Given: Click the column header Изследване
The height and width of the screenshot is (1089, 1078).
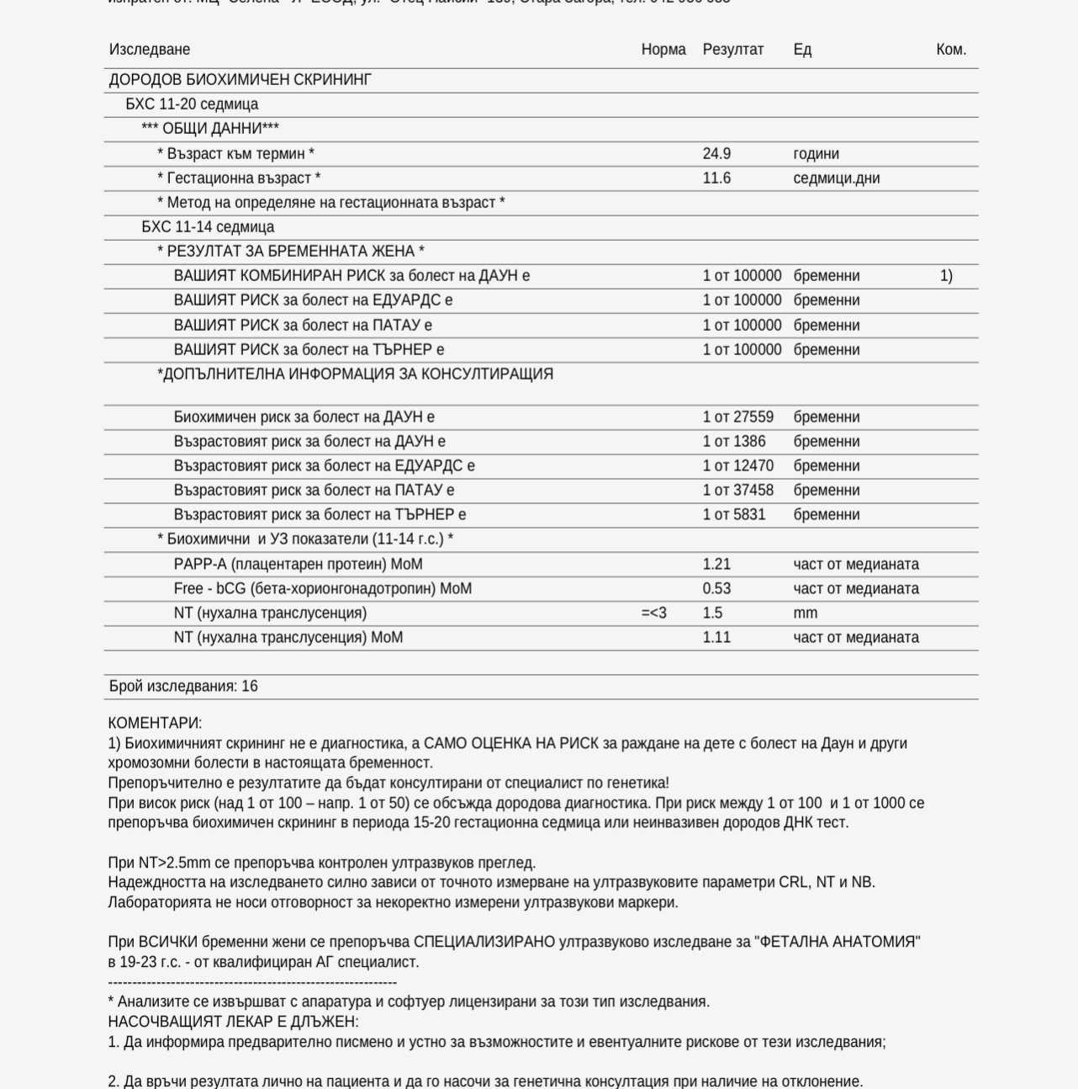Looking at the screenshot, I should tap(150, 50).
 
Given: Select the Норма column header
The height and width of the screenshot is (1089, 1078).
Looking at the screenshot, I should tap(663, 50).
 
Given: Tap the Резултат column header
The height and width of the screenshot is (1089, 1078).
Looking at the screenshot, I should tap(733, 50).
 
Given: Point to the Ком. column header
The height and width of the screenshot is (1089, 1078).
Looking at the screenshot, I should tap(951, 50).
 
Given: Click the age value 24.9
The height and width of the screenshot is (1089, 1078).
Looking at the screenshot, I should tap(716, 154).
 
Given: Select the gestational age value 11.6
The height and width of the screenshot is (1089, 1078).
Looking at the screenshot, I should tap(716, 178).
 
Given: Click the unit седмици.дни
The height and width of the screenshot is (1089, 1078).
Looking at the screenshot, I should tap(836, 178).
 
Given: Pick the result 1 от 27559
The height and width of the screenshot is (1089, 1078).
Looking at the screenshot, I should tap(738, 417).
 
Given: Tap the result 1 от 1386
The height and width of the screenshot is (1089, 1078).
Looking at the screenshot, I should tap(734, 442).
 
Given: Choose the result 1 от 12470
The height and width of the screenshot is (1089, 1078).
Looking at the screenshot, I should tap(738, 466).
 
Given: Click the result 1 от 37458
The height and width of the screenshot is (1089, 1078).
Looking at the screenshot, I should tap(738, 491).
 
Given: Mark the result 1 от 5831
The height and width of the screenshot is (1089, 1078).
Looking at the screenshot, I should tap(734, 515).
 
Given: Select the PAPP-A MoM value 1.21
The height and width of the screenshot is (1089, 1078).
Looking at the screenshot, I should tap(716, 565).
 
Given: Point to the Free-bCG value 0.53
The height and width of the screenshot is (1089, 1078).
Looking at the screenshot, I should tap(716, 589).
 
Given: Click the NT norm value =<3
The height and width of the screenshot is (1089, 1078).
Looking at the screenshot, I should tap(653, 614).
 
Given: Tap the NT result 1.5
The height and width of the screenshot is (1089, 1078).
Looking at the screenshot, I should tap(712, 614).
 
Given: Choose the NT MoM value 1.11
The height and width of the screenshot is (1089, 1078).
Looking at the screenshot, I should tap(716, 638).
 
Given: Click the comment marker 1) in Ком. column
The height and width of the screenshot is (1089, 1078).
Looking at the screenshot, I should tap(946, 276).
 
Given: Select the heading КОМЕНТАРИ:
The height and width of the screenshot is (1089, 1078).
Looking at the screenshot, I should tap(155, 723).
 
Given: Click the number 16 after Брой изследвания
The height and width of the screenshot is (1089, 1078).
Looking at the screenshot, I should tap(250, 687).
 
